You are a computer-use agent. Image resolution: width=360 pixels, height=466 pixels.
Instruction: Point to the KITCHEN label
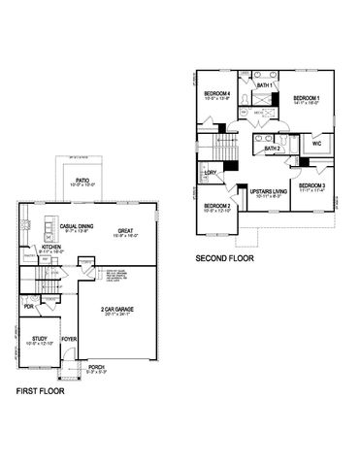click(x=51, y=247)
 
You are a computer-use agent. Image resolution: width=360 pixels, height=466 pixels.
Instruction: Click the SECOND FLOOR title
click(x=225, y=258)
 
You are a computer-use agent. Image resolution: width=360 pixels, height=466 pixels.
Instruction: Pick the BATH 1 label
click(x=263, y=85)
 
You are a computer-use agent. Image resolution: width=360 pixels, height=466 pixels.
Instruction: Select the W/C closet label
click(x=315, y=143)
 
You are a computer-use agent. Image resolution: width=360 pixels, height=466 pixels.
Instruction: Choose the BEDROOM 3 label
click(x=311, y=184)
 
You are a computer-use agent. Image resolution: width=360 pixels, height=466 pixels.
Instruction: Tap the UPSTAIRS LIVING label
click(x=267, y=192)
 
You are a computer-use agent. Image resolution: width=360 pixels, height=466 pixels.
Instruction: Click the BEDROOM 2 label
click(x=216, y=206)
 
